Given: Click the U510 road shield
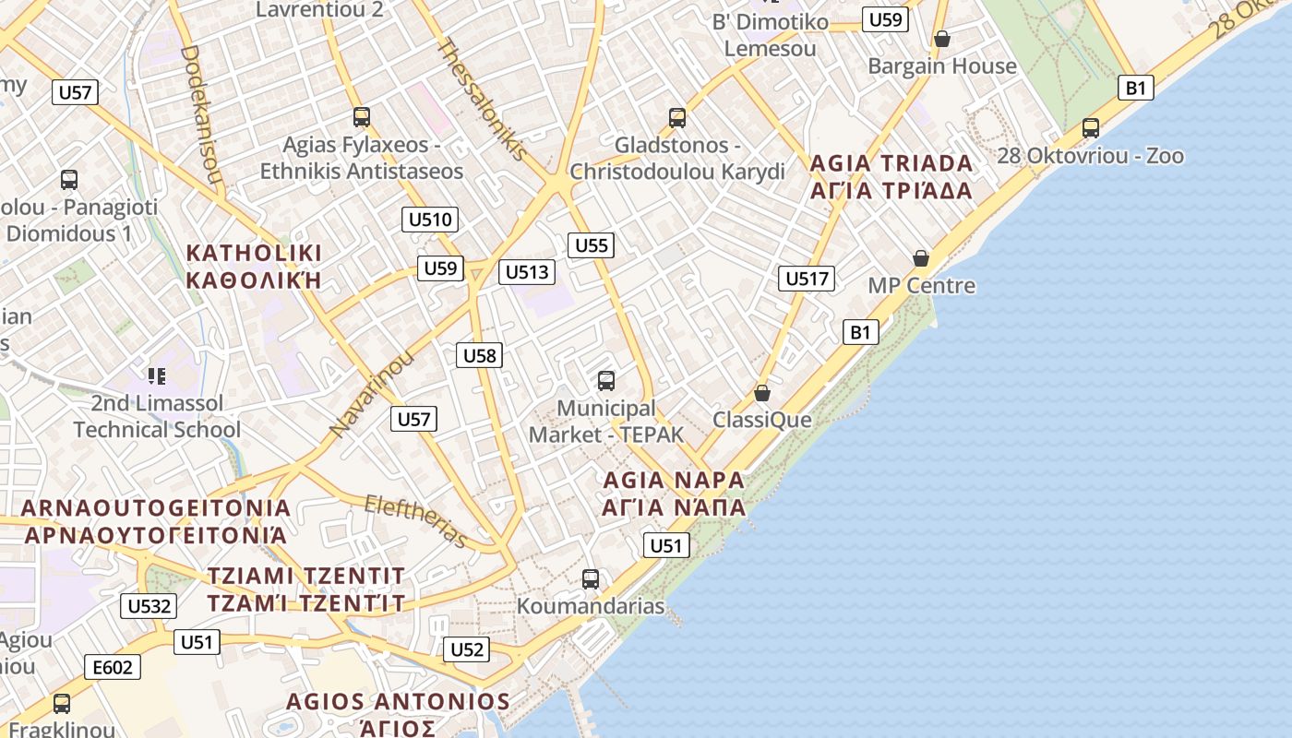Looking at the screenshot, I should pyautogui.click(x=430, y=220).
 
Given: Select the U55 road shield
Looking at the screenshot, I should pyautogui.click(x=592, y=244).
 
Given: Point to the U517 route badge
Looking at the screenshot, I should pyautogui.click(x=807, y=278).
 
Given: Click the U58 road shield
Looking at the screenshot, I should pyautogui.click(x=480, y=355).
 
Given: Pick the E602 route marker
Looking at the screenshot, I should pyautogui.click(x=113, y=667).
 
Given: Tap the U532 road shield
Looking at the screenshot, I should pyautogui.click(x=149, y=606).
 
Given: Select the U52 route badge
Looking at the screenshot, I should pyautogui.click(x=467, y=649).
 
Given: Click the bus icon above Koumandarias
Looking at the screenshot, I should pyautogui.click(x=591, y=579).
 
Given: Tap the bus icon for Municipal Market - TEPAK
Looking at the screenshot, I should pyautogui.click(x=606, y=380).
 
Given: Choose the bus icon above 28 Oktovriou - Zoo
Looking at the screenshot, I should pyautogui.click(x=1091, y=128).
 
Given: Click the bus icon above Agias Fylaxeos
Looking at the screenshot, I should pyautogui.click(x=362, y=117).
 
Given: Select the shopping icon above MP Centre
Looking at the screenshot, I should pyautogui.click(x=921, y=257).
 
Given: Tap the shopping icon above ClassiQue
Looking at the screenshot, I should pyautogui.click(x=762, y=393).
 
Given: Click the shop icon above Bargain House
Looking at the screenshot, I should pyautogui.click(x=942, y=39).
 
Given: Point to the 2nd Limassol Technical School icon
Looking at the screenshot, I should pyautogui.click(x=157, y=375).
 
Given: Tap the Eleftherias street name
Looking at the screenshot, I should pyautogui.click(x=416, y=520).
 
